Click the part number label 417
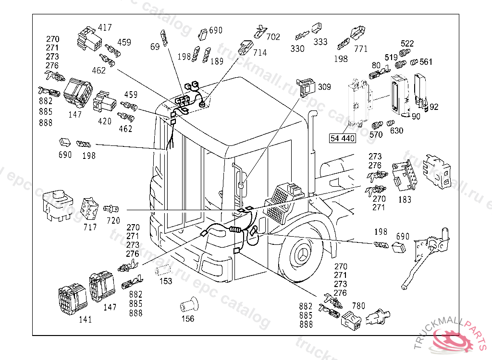105,27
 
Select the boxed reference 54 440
343,138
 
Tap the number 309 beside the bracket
324,87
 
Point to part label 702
273,37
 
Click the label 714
260,53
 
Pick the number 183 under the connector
405,200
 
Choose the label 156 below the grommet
188,319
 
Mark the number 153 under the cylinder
166,281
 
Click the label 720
113,221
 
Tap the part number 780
358,305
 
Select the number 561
426,62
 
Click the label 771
361,49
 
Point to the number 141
86,320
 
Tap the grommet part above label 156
189,304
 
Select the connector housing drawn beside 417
89,39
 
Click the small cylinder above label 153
162,270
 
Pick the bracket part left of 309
306,88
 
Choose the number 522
407,44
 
